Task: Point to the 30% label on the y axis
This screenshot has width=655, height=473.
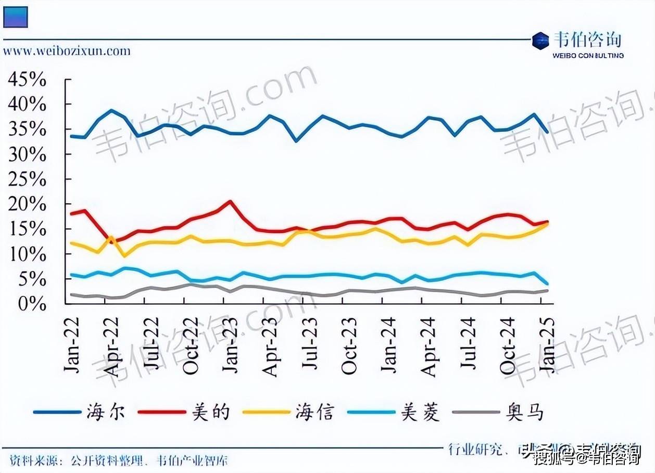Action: [x=27, y=155]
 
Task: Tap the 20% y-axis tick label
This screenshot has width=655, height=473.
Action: [x=27, y=205]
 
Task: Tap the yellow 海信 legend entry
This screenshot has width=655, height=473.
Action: [x=315, y=412]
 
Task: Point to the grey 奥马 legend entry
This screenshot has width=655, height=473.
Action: [x=525, y=412]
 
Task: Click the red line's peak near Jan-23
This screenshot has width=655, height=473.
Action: [x=231, y=201]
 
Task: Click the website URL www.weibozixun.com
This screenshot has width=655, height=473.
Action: [x=67, y=51]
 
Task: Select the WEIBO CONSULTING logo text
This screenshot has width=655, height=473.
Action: [x=587, y=55]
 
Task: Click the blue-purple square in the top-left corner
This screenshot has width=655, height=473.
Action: [x=15, y=16]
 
